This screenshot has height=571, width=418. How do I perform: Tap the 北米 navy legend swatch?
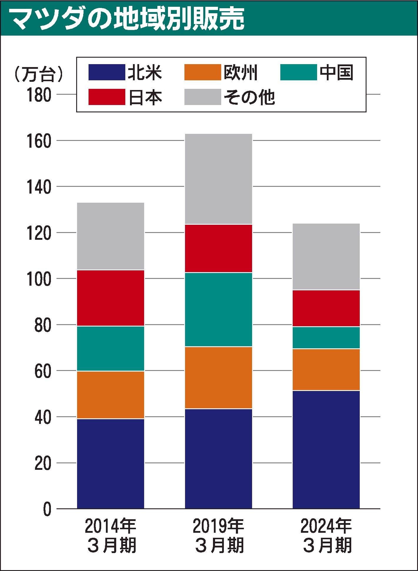(106, 72)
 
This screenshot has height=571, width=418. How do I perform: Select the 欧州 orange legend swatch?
(202, 72)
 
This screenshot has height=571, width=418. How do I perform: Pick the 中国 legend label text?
(337, 72)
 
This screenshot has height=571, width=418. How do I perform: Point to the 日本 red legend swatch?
(106, 97)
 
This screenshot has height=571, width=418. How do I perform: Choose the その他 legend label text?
(249, 97)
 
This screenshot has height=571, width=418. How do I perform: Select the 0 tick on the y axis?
(47, 509)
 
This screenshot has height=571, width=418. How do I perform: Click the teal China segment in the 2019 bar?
(219, 309)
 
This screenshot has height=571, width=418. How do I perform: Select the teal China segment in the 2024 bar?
(326, 338)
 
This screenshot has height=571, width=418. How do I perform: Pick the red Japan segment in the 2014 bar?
(111, 298)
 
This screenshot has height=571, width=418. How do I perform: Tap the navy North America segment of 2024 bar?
(326, 450)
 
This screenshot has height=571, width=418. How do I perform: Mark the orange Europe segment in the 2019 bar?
(219, 378)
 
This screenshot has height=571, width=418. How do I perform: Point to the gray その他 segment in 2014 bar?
(111, 236)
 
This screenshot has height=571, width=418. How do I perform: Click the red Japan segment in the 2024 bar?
(326, 308)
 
